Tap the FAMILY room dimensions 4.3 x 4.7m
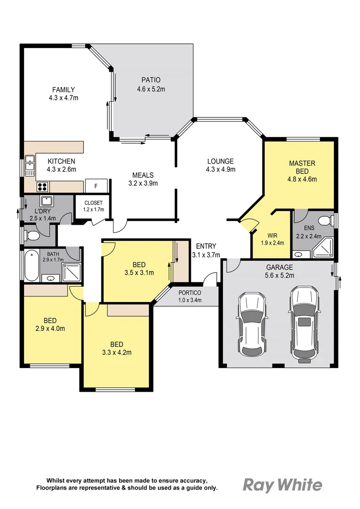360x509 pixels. coord(64,98)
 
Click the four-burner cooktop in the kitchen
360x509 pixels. coord(42,186)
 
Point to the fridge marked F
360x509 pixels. coord(96,186)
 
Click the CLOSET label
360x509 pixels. coord(93,203)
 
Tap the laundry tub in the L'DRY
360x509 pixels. coord(46,201)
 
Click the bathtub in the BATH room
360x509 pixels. coord(31,265)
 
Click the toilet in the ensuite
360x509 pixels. coord(324,221)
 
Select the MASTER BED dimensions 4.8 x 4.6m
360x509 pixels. coord(302,179)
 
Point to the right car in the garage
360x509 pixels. coord(303,323)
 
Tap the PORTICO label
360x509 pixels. coord(190,293)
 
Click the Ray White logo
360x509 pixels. coord(283,484)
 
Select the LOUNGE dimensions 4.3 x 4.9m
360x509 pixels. coord(221,169)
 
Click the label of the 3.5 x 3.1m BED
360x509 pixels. coord(139,264)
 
